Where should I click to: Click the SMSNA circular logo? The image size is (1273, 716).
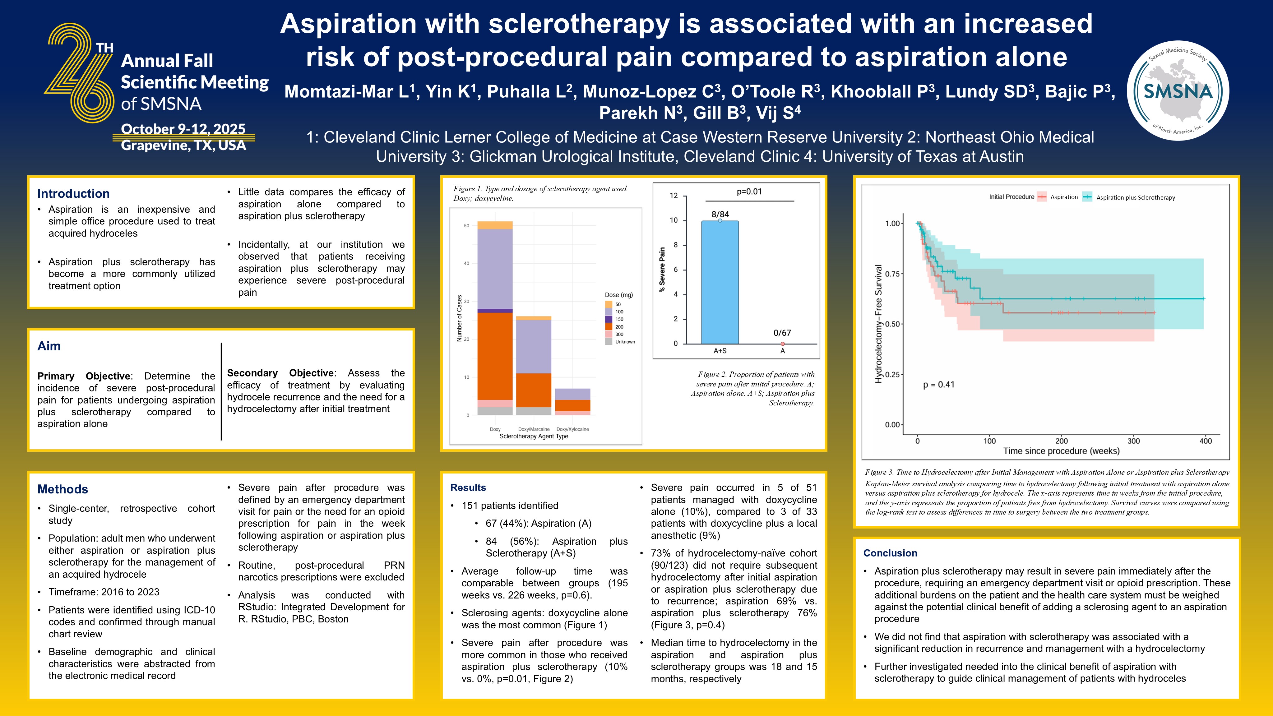(x=1178, y=90)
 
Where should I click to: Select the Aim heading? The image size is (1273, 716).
(x=49, y=346)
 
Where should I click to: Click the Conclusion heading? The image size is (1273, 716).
(x=890, y=553)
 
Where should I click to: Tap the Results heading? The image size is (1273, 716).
(x=468, y=488)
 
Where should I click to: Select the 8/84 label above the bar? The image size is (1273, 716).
(x=720, y=214)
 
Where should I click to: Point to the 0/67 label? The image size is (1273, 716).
(x=782, y=333)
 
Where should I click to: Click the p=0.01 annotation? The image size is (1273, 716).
(x=749, y=192)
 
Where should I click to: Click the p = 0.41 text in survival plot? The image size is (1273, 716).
(x=938, y=385)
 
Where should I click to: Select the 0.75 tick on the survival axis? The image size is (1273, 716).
(x=892, y=274)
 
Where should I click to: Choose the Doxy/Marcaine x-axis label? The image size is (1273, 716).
(x=534, y=429)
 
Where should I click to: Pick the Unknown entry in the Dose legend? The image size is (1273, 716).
(x=625, y=341)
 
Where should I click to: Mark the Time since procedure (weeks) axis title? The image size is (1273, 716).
(x=1061, y=451)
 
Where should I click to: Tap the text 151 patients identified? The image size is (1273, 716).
(x=510, y=506)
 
